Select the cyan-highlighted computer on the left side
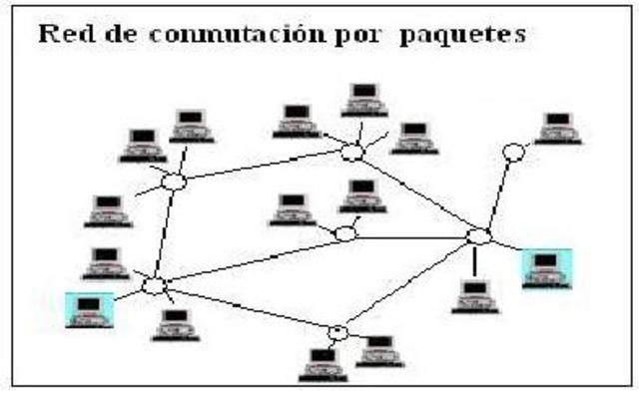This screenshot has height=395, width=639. (90, 308)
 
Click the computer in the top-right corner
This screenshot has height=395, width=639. (555, 128)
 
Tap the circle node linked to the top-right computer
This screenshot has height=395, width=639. (513, 153)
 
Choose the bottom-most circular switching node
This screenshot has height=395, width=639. (338, 332)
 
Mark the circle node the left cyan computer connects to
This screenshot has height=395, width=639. (155, 286)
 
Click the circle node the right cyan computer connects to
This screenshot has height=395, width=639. (480, 237)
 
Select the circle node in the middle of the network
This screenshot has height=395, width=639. (344, 233)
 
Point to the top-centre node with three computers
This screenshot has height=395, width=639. (351, 153)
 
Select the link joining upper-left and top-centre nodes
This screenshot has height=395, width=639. (263, 168)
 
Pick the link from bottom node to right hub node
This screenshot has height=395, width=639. (409, 284)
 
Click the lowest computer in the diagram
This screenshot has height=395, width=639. (321, 364)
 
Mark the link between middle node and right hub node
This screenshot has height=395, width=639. (411, 237)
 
